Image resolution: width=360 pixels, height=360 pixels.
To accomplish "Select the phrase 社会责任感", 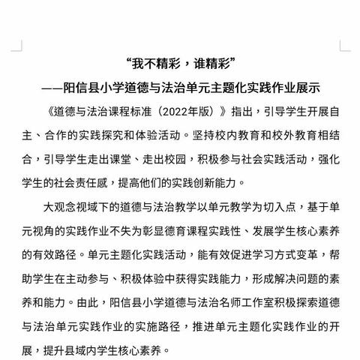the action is coord(103,182).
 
